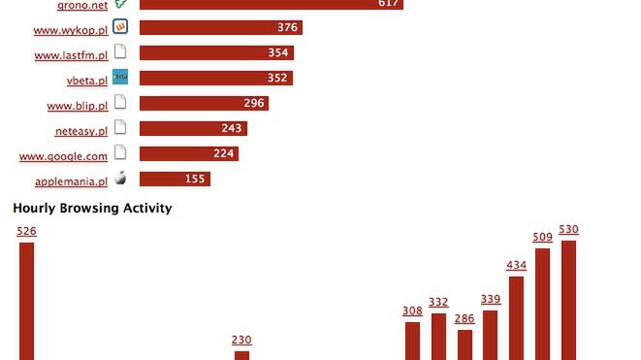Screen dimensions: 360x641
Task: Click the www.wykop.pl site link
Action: pyautogui.click(x=70, y=29)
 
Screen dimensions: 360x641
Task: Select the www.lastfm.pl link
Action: pyautogui.click(x=70, y=54)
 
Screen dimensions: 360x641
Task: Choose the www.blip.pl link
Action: pyautogui.click(x=77, y=105)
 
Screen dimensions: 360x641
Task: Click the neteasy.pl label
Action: pyautogui.click(x=80, y=130)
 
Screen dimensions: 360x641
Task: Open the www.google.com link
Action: pyautogui.click(x=63, y=155)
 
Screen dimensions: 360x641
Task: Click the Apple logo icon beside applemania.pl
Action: pyautogui.click(x=120, y=178)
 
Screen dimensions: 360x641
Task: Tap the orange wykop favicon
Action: pyautogui.click(x=120, y=26)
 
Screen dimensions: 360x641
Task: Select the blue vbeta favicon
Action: pyautogui.click(x=120, y=77)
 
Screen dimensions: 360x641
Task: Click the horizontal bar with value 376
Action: pyautogui.click(x=220, y=27)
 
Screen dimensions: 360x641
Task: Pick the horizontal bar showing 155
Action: pyautogui.click(x=175, y=179)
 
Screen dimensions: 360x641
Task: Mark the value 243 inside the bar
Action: pyautogui.click(x=232, y=128)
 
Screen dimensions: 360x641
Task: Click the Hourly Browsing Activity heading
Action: pyautogui.click(x=92, y=208)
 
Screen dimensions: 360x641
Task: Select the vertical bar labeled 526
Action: pyautogui.click(x=27, y=301)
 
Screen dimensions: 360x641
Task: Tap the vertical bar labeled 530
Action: pyautogui.click(x=569, y=300)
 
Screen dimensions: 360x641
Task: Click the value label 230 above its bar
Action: pyautogui.click(x=241, y=340)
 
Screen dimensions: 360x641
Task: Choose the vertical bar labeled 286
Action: pyautogui.click(x=465, y=344)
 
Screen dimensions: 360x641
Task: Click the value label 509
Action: pyautogui.click(x=543, y=237)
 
